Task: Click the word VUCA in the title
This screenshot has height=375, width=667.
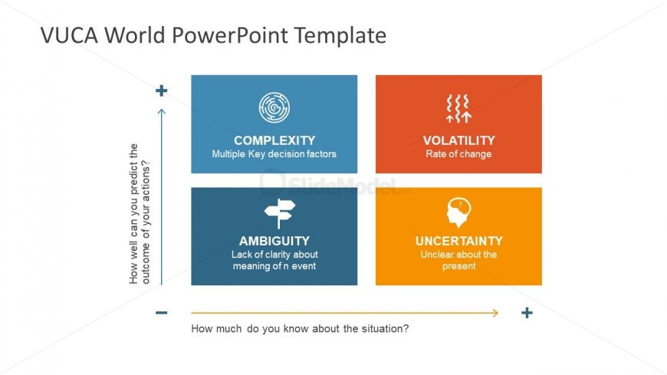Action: [x=67, y=35]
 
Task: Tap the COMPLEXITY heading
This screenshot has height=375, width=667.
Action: [x=274, y=140]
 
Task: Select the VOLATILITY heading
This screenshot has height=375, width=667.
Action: [x=458, y=140]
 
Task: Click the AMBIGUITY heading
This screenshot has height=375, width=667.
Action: [x=274, y=241]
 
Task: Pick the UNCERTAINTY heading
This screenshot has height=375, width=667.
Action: [x=458, y=241]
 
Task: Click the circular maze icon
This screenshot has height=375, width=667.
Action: [x=274, y=108]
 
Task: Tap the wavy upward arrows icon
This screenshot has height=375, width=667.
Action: [x=458, y=108]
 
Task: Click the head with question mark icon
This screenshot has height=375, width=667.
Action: [x=458, y=212]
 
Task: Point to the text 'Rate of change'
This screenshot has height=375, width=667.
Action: [x=458, y=154]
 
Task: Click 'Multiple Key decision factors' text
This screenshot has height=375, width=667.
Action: [x=274, y=154]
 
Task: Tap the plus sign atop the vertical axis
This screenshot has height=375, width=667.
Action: [x=161, y=91]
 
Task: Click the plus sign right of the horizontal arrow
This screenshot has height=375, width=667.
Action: [x=527, y=313]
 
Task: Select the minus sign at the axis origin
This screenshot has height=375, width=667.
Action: [x=161, y=313]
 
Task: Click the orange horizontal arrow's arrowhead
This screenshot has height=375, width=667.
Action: [x=495, y=313]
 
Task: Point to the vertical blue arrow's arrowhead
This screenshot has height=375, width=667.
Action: [x=161, y=112]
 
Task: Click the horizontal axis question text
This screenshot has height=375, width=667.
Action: [x=300, y=329]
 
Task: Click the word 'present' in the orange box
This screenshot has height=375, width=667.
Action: [x=458, y=266]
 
